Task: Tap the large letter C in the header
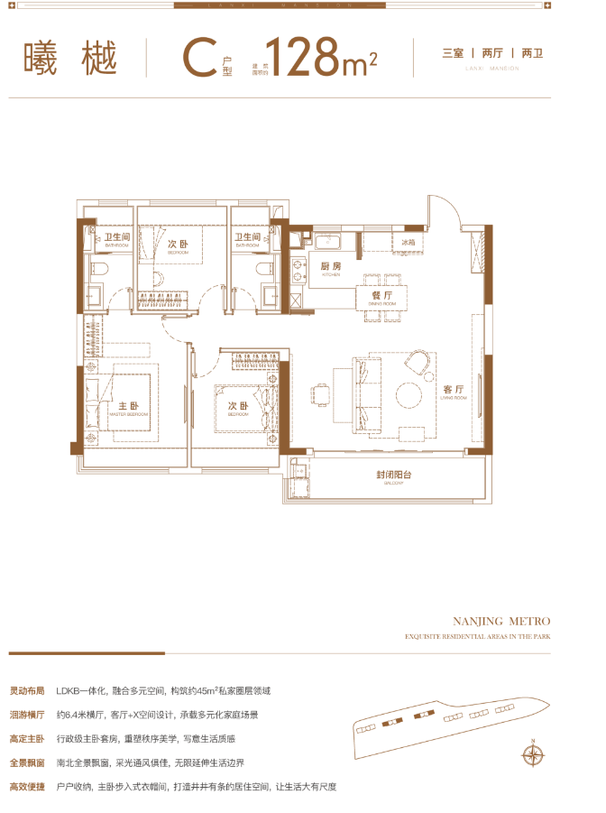tap(197, 59)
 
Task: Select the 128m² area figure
tap(320, 58)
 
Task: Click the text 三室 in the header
tap(452, 53)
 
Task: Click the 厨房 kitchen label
tap(330, 266)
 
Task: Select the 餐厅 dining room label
tap(381, 295)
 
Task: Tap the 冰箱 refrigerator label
tap(408, 242)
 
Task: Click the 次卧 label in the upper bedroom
tap(178, 245)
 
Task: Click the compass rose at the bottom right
tap(533, 753)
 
